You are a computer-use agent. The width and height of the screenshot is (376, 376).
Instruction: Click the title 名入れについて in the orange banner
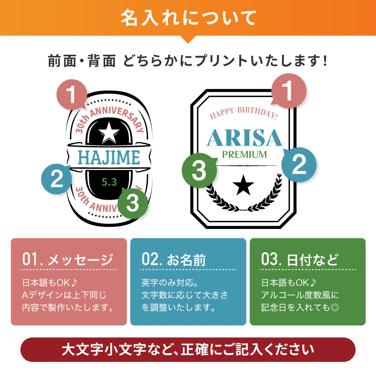point(188,18)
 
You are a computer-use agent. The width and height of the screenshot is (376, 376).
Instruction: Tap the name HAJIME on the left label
point(109,158)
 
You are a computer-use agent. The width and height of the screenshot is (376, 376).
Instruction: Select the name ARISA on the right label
point(244,137)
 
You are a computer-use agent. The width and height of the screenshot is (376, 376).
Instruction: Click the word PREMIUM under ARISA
point(244,155)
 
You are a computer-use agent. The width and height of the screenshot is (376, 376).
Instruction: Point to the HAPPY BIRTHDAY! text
point(244,113)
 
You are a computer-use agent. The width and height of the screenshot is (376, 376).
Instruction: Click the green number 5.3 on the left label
point(109,182)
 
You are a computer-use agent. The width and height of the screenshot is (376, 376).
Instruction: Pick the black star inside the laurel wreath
point(244,185)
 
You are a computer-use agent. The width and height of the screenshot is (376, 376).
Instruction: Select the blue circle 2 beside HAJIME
point(56,179)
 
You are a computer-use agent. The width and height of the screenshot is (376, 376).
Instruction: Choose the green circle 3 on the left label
point(133,203)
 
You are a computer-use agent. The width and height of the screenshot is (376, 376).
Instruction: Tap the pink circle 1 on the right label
point(289,91)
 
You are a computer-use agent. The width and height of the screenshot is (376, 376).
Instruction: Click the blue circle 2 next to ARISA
point(299,165)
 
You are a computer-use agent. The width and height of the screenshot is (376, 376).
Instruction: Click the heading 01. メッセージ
point(68,259)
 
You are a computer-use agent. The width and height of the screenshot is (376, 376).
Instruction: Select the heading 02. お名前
point(174,259)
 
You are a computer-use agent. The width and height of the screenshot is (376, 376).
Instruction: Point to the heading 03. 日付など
point(300,259)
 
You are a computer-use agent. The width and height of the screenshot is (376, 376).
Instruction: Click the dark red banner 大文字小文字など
point(188,350)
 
